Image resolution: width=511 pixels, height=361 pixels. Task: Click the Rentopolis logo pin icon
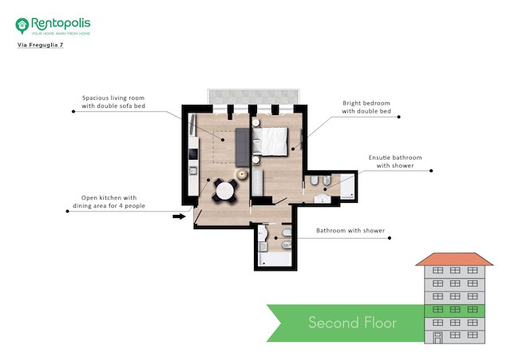coord(22,26)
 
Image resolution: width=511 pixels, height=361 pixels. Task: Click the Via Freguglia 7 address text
coord(41,45)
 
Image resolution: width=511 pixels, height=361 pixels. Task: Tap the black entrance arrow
coord(179,216)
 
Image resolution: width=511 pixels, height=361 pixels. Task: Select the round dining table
coord(225,191)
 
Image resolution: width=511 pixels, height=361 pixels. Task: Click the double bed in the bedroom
coord(270,141)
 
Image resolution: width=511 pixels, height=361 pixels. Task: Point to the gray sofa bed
coord(242,147)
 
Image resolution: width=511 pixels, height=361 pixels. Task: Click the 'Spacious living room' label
coord(113,101)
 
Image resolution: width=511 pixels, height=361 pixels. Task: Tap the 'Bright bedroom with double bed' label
coord(366,107)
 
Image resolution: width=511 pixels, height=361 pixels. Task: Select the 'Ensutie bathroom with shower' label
coord(395,161)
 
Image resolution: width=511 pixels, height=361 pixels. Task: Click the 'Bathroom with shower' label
coord(351,231)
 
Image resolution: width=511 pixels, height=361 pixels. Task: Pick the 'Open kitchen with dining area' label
coord(109,201)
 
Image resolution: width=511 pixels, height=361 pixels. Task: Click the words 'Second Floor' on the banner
coord(352,323)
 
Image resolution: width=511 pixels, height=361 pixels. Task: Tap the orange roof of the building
coord(454,259)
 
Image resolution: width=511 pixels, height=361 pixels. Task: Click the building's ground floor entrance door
coord(438,338)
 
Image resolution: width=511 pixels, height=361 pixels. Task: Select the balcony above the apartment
coord(253,97)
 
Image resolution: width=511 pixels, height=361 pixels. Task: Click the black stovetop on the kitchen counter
coord(193,154)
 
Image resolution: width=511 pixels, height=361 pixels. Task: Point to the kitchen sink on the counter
coord(193,171)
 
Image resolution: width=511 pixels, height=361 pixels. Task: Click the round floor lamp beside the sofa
coord(242,174)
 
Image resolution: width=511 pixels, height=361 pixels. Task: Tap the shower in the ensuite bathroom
coord(347,186)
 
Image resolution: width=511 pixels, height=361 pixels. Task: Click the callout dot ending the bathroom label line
coord(390,238)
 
